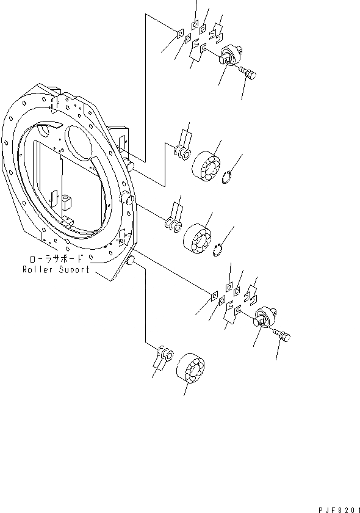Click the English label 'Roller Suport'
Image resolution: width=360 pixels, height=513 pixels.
click(x=56, y=269)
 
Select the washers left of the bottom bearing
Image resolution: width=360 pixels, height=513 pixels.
click(x=165, y=354)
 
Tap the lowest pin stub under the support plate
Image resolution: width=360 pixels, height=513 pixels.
click(x=130, y=262)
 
